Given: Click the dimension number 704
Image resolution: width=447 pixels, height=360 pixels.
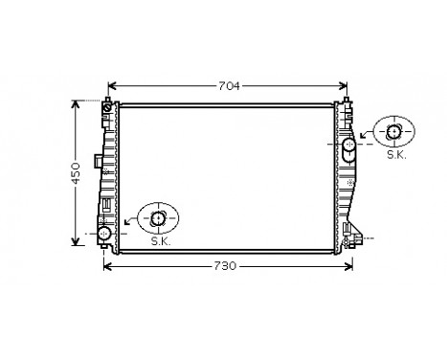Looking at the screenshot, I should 228,84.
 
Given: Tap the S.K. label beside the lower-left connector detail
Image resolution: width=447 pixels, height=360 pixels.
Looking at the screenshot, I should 161,241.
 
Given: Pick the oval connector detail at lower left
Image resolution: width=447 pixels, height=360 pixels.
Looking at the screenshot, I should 160,219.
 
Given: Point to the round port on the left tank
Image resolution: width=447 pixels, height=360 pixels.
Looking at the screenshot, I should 104,232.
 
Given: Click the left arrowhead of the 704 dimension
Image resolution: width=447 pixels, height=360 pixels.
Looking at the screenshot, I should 110,84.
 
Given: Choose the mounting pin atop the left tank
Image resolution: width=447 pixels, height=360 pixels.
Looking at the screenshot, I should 108,100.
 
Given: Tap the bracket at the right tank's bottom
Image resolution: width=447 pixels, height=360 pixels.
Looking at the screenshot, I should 356,240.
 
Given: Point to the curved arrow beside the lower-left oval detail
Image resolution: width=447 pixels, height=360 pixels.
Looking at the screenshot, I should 129,223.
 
